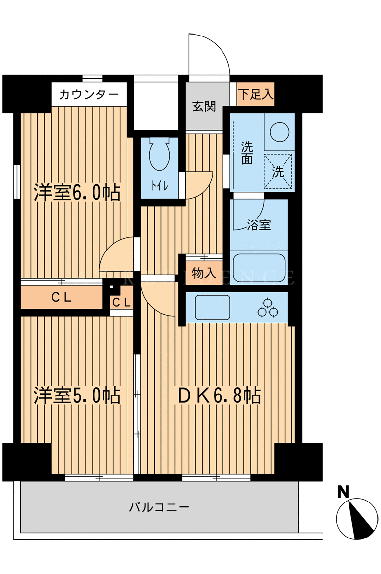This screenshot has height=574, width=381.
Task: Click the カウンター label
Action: (x=89, y=95)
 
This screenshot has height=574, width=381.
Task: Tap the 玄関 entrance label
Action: (x=204, y=106)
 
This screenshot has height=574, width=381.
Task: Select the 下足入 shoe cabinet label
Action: (x=255, y=94)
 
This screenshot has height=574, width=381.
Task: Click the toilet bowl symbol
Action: (x=159, y=154)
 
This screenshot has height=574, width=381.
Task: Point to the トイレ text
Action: (x=159, y=186)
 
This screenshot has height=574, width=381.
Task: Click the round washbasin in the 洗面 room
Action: (x=280, y=132)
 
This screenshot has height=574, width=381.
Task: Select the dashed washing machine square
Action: (x=278, y=172)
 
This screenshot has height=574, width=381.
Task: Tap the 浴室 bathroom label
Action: (x=258, y=224)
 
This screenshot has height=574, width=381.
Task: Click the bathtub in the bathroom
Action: (x=259, y=269)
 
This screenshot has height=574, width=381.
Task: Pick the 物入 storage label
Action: (x=203, y=273)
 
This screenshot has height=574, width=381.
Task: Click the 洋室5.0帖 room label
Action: (x=77, y=395)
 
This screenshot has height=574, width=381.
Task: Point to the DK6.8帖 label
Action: (x=219, y=395)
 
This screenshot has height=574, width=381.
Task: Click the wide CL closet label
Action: (x=62, y=297)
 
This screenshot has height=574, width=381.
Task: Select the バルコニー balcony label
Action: (x=159, y=507)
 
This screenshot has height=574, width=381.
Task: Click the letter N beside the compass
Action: (x=343, y=492)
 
